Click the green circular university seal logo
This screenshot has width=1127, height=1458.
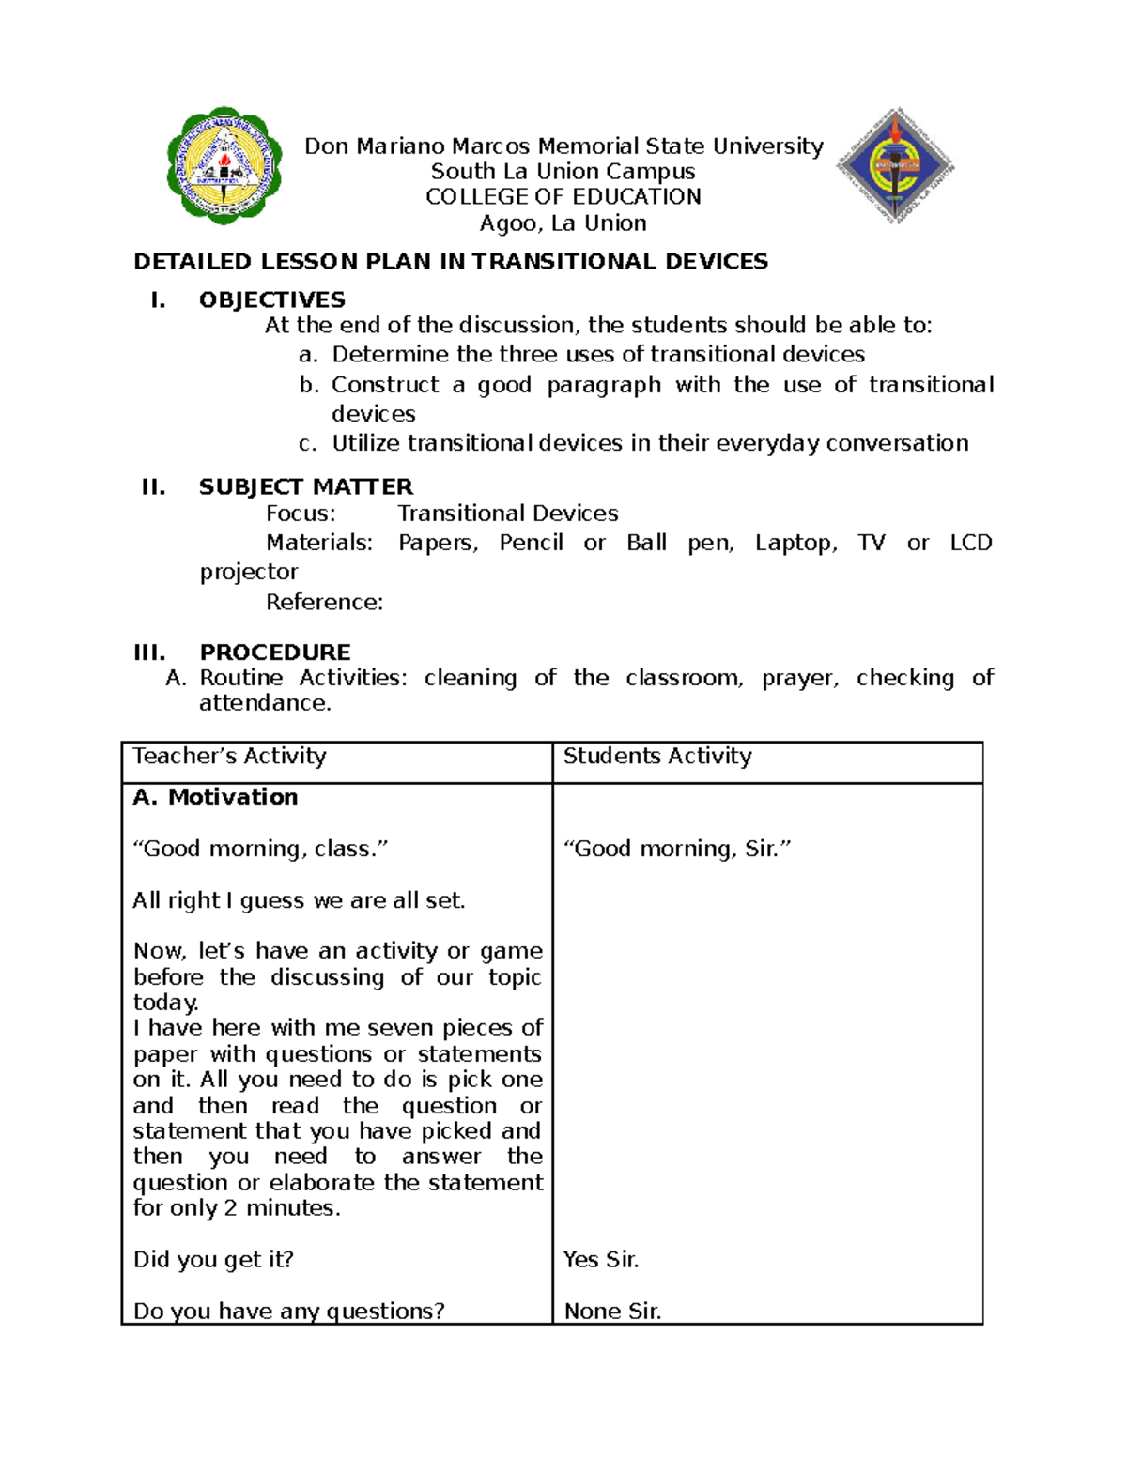pos(224,165)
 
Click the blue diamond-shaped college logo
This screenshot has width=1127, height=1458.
pos(896,166)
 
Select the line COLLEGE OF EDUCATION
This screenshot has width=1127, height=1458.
pos(563,197)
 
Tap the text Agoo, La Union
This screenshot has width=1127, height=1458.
pos(563,223)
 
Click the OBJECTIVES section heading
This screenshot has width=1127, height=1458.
pos(271,299)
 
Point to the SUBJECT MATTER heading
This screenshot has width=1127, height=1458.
pos(305,486)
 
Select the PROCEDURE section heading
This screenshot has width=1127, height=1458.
pos(275,652)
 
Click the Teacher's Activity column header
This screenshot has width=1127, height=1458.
pos(229,757)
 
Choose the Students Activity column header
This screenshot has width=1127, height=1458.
pos(657,757)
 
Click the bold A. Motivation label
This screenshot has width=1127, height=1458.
pos(215,797)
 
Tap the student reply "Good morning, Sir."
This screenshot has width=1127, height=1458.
pos(677,849)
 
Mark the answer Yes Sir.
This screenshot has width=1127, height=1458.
pos(601,1260)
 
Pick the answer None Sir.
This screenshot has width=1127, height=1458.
pos(612,1312)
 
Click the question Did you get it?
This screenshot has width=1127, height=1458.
pos(213,1260)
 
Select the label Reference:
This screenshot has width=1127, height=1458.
pos(324,602)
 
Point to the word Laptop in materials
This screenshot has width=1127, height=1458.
pos(795,543)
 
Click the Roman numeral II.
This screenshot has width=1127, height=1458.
pos(153,486)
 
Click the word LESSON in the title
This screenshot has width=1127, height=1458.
pos(309,262)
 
